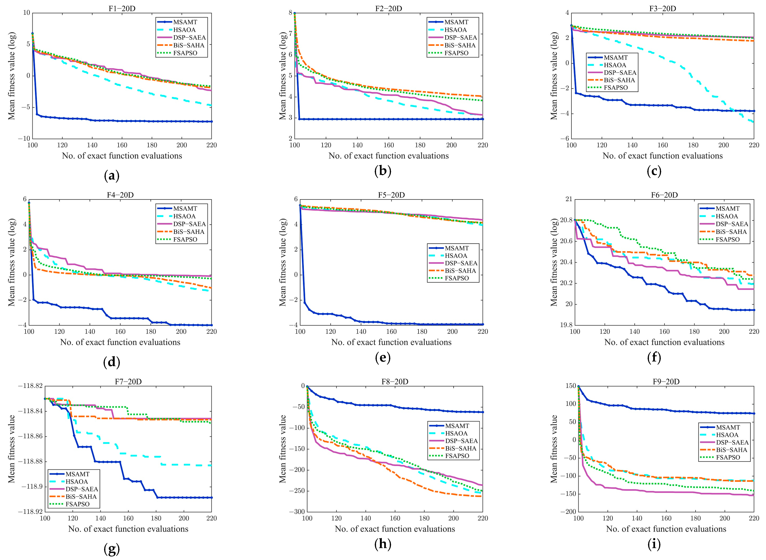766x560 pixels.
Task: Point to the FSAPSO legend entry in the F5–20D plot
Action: (457, 278)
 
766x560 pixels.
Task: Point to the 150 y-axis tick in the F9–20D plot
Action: (571, 386)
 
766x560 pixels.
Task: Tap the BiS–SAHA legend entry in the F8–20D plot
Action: (460, 448)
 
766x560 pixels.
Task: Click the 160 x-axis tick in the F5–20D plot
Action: (391, 331)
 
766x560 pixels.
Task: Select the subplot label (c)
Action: (654, 171)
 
